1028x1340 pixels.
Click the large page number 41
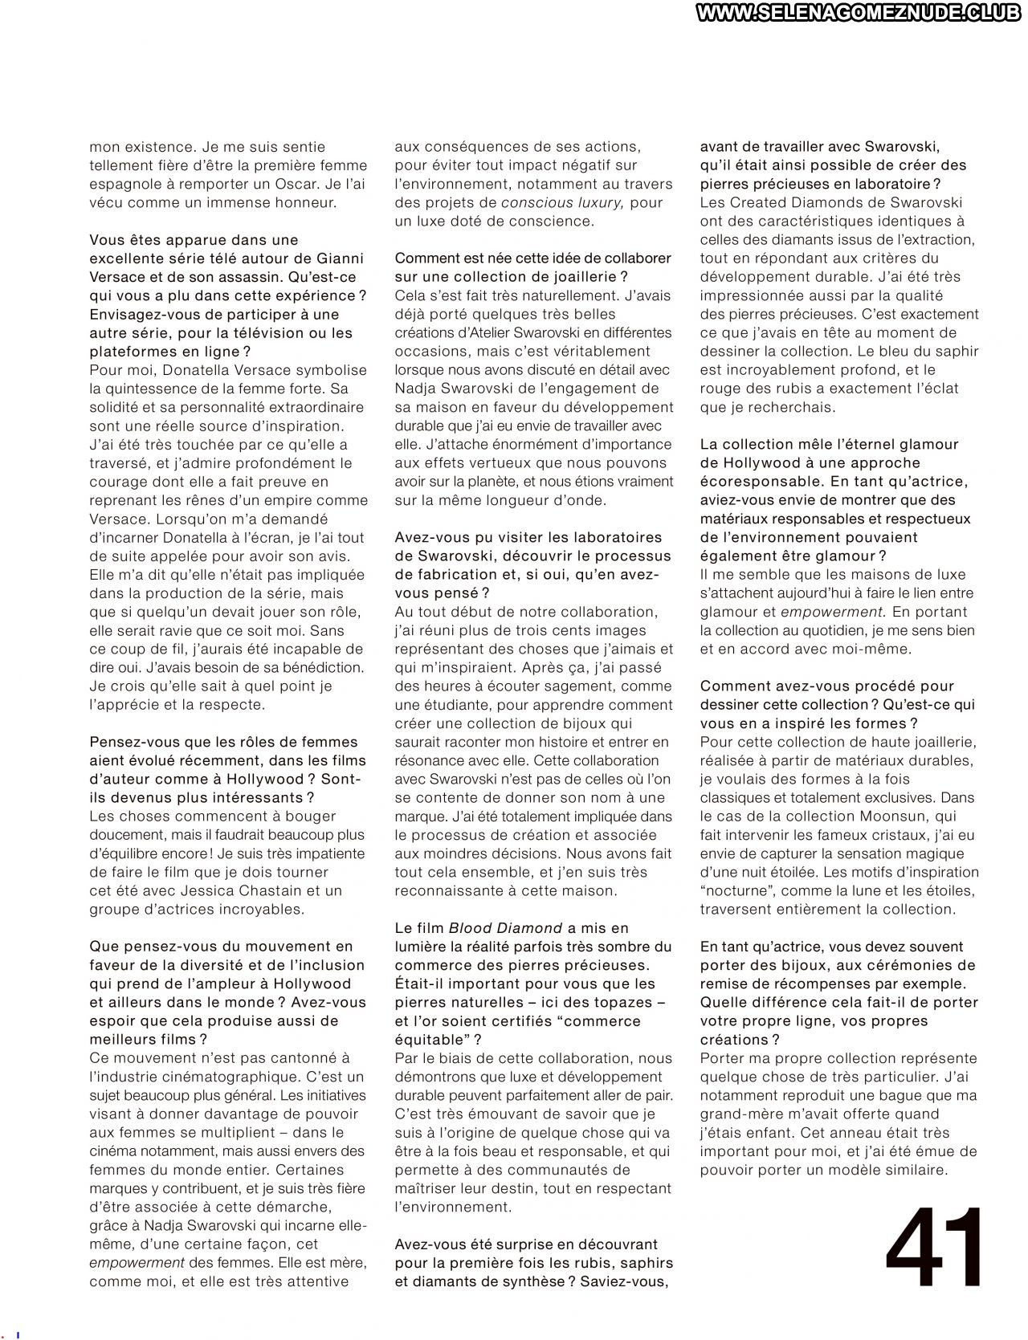click(936, 1248)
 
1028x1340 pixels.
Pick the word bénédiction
click(319, 667)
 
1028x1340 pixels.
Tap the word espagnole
click(125, 184)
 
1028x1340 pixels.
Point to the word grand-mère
click(740, 1114)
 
